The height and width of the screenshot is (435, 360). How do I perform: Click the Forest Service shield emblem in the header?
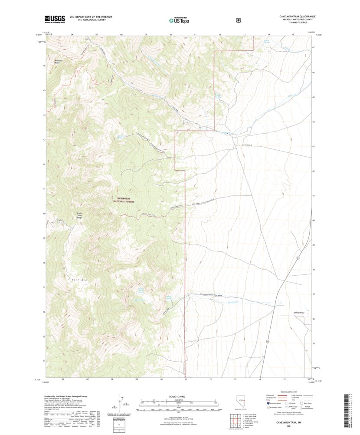coord(238,20)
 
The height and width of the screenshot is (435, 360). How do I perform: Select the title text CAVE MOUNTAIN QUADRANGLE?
coord(297,16)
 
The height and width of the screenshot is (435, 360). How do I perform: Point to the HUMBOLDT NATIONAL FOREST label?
coord(124,200)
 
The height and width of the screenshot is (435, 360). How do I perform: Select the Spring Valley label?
coord(299,313)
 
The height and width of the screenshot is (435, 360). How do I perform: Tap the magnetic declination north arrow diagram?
coord(122,404)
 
